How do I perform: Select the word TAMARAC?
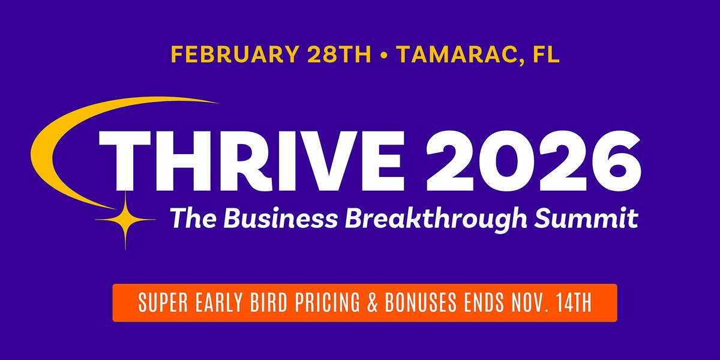point(456,55)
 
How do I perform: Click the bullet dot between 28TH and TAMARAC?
point(383,55)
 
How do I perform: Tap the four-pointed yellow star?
point(125,220)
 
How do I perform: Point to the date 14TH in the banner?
point(572,304)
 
